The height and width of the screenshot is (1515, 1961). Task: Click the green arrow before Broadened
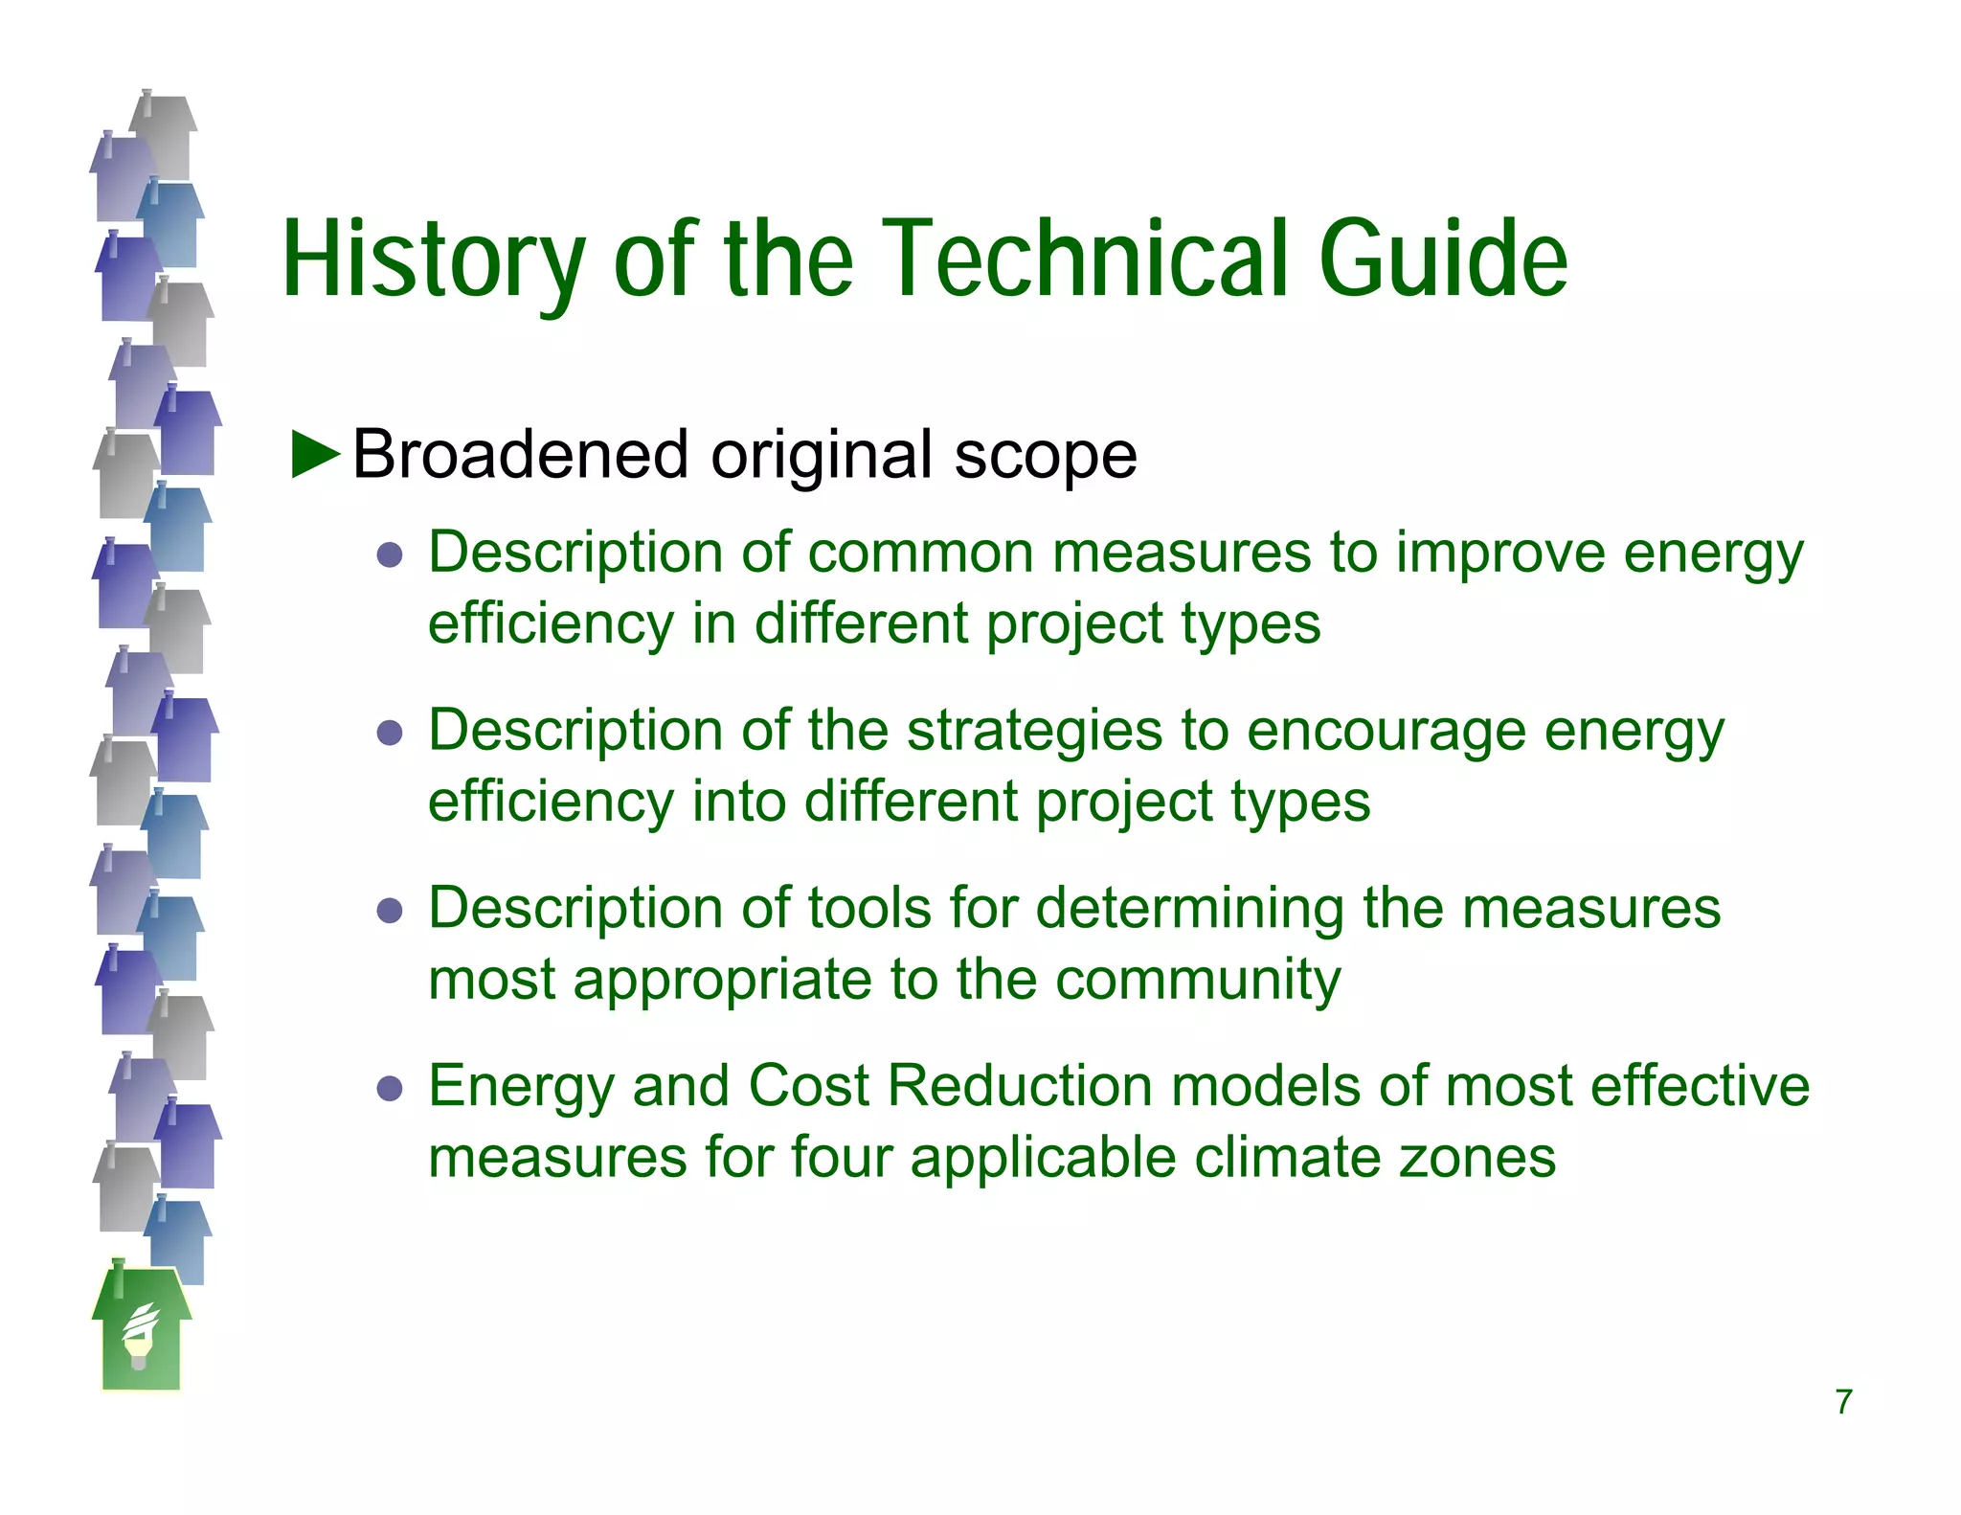(x=315, y=454)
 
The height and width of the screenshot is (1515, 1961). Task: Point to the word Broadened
(x=521, y=454)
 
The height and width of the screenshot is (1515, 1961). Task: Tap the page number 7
(x=1843, y=1402)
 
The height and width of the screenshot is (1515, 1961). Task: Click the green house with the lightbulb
(x=141, y=1331)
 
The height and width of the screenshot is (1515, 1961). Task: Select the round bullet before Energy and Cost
(x=390, y=1089)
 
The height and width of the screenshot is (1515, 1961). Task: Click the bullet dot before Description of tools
(x=390, y=911)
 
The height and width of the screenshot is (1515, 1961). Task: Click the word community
(x=1198, y=980)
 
